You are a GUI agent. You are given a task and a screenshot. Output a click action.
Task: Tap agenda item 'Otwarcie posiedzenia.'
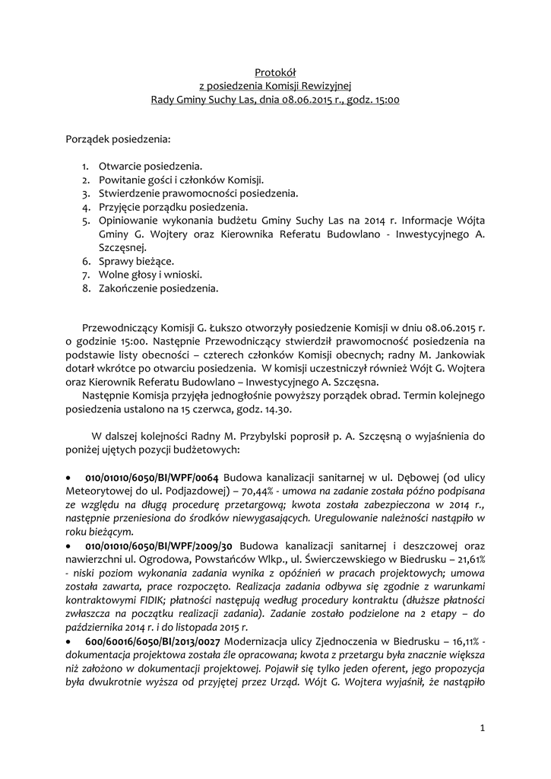[150, 166]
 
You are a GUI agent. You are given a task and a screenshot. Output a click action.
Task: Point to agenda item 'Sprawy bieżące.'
[136, 261]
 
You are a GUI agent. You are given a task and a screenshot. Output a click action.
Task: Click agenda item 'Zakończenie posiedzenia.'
[158, 288]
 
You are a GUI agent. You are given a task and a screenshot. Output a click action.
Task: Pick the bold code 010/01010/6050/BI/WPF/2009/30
[158, 547]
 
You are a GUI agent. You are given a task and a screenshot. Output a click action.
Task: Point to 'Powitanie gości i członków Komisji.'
[181, 180]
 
